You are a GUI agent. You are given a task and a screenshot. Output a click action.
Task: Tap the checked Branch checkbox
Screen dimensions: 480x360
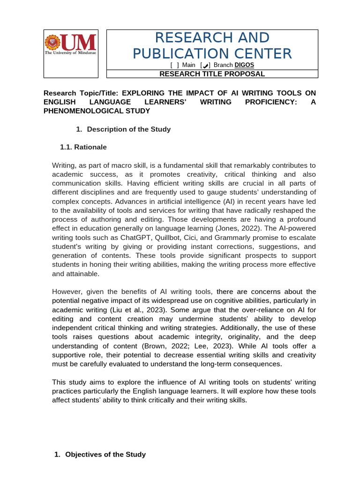[x=205, y=65]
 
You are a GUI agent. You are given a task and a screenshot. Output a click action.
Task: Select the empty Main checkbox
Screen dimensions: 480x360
[x=174, y=65]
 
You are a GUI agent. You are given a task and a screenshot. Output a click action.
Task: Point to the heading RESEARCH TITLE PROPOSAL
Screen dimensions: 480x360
[x=212, y=74]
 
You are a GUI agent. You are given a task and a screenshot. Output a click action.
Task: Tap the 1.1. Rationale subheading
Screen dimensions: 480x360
[x=83, y=147]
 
